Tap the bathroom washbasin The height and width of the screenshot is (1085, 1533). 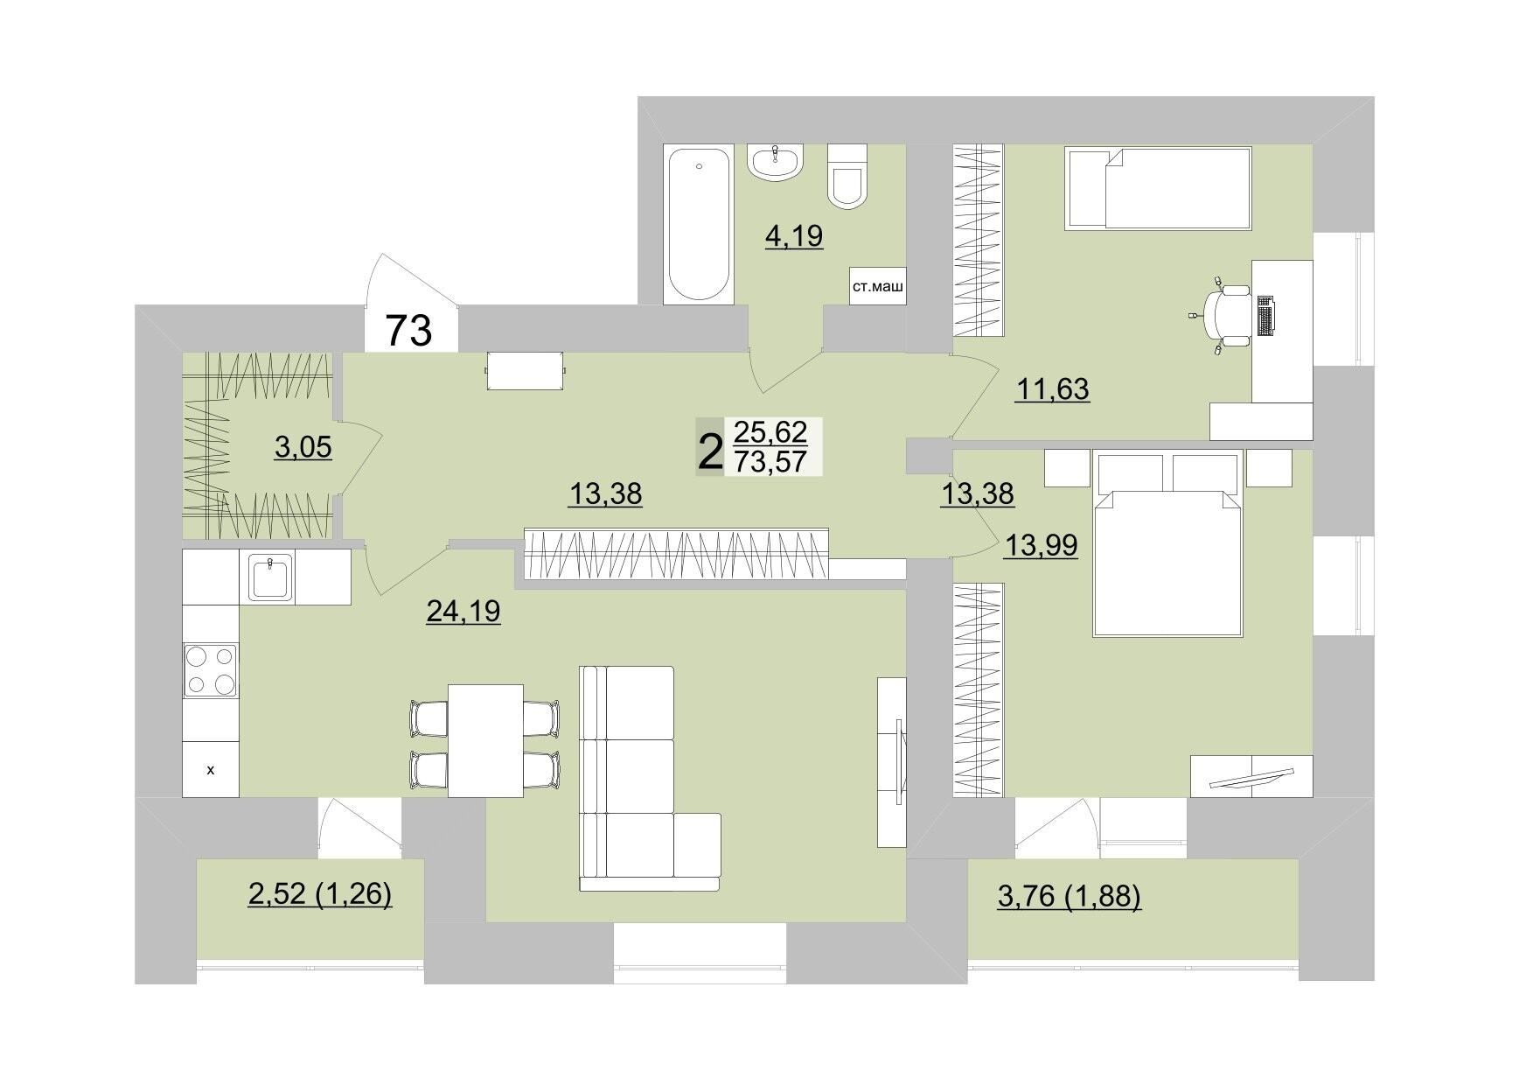(774, 163)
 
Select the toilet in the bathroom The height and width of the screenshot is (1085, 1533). (847, 177)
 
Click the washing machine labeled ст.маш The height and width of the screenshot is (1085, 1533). (877, 285)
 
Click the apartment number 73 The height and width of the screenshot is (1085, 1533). (409, 331)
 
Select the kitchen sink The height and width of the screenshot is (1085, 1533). (271, 577)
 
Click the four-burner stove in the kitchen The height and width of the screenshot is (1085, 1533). (210, 670)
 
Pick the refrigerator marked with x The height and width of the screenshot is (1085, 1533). (210, 769)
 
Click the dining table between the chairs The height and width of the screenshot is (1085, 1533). (485, 740)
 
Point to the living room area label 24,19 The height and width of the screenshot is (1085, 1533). (463, 611)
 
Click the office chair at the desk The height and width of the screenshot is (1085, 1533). (1226, 312)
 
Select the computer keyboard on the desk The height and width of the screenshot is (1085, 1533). (1265, 315)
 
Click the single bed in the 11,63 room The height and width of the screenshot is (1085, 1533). (1157, 188)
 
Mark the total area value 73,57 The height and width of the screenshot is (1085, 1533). (770, 460)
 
